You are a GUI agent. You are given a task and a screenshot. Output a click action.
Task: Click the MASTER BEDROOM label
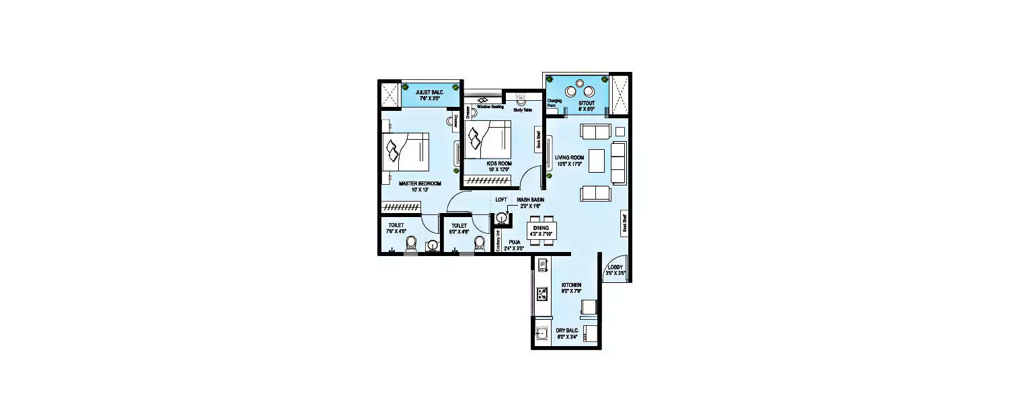click(419, 183)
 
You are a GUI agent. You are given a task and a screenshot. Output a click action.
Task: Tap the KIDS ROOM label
click(499, 163)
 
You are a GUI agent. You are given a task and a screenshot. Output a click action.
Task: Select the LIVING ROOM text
click(569, 157)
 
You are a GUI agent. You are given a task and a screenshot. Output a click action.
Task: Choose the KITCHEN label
click(571, 285)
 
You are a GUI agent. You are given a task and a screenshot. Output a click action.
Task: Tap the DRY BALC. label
click(567, 331)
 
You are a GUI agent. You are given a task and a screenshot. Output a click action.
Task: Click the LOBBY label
click(615, 267)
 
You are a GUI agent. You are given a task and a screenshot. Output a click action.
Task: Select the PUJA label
click(515, 242)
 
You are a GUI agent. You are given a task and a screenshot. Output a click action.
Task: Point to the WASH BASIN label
click(530, 200)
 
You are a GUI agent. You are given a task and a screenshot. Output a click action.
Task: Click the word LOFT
click(501, 200)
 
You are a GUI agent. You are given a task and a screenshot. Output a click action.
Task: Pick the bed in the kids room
click(489, 138)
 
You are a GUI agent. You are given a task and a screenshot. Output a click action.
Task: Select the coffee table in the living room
click(596, 161)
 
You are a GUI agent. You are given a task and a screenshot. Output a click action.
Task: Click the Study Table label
click(523, 110)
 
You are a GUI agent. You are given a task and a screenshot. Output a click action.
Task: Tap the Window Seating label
click(490, 106)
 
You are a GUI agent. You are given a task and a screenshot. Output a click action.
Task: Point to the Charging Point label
click(555, 103)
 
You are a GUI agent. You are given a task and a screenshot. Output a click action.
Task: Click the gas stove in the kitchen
click(542, 293)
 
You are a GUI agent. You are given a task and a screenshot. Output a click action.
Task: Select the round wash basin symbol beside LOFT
click(501, 218)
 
